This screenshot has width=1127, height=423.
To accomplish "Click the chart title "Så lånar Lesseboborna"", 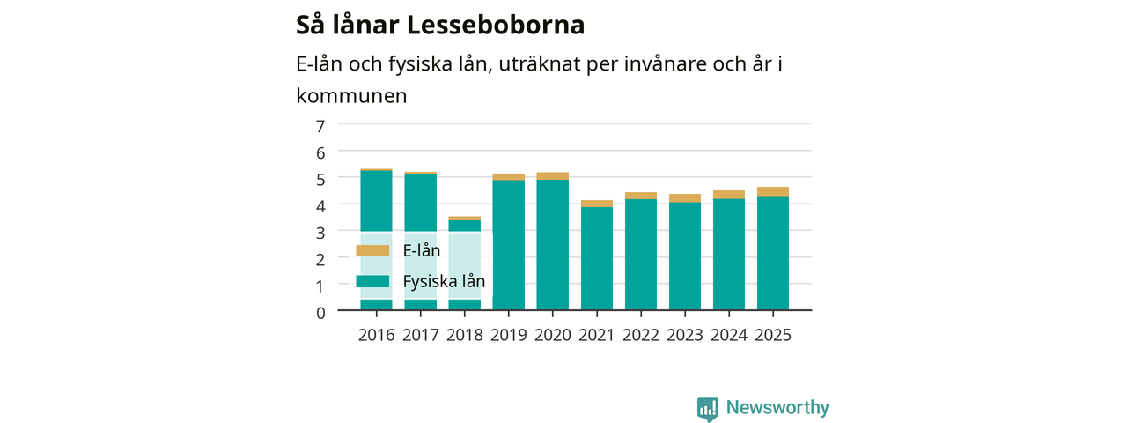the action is [440, 26].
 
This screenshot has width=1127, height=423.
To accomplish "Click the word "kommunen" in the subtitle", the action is [351, 96].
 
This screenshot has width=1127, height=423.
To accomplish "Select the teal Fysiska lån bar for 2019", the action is [509, 245].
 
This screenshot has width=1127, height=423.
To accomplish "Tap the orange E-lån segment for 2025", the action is [773, 191].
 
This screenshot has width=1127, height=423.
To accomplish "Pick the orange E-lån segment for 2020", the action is [552, 175].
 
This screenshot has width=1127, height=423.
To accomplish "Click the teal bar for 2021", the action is [597, 258].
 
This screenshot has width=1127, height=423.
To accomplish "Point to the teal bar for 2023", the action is [685, 256].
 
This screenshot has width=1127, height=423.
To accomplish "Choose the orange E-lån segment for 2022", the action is [641, 196].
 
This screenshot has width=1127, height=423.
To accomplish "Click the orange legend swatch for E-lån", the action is [372, 251].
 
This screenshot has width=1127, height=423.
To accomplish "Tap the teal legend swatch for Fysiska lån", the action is [372, 281].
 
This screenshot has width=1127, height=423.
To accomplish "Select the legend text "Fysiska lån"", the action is [444, 281].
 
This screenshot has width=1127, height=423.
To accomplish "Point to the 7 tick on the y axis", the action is [320, 126].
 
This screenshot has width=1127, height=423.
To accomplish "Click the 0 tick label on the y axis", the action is [320, 313].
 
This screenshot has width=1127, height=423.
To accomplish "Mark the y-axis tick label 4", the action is [320, 206].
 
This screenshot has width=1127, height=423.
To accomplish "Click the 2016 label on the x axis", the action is [376, 335].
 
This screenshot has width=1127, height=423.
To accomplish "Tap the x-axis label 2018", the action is [464, 335].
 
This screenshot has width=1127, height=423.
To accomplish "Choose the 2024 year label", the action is [729, 335].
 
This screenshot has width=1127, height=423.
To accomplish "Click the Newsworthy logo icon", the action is [708, 409].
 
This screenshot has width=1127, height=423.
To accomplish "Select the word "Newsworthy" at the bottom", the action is [777, 407].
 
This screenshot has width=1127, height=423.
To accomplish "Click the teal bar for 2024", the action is [729, 255].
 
